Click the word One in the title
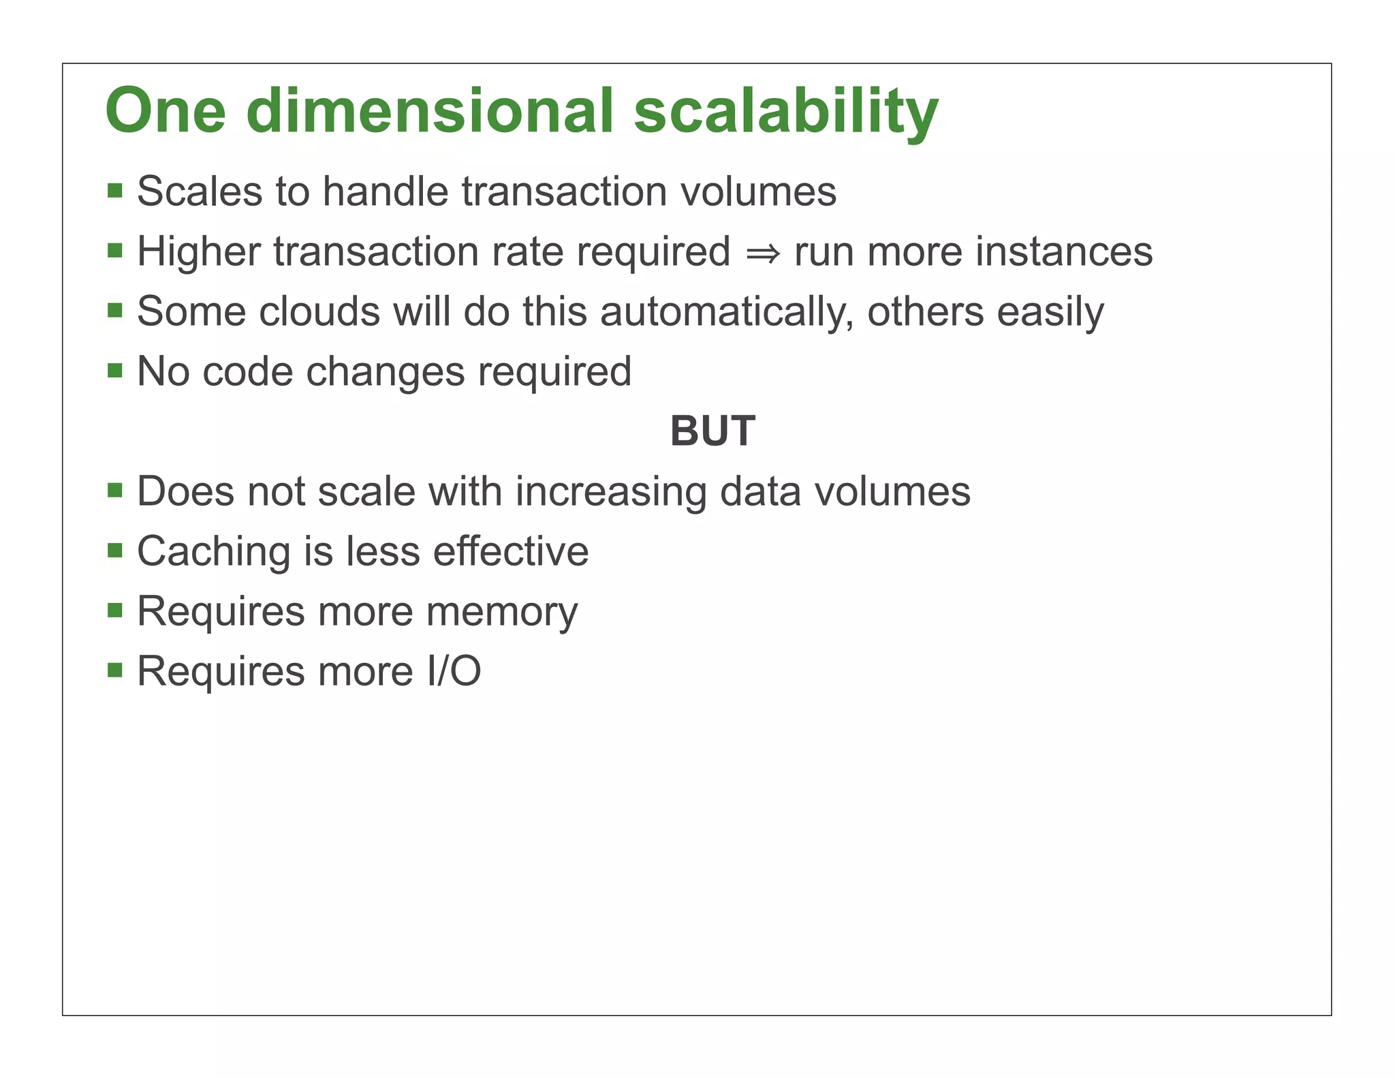tap(166, 111)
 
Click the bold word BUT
tap(712, 431)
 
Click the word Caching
tap(213, 552)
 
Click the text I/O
tap(454, 671)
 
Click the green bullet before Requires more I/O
tap(115, 671)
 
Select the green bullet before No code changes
tap(115, 371)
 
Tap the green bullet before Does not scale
tap(115, 491)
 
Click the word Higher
tap(199, 252)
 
